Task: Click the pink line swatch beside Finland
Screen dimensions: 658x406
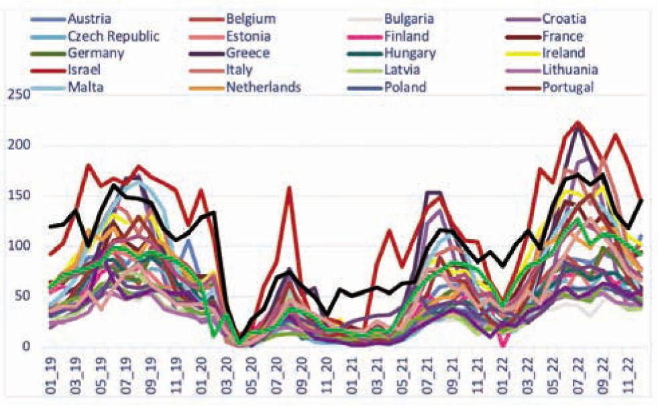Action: (364, 37)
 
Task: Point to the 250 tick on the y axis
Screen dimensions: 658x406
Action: (19, 94)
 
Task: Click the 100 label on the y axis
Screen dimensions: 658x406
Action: (19, 245)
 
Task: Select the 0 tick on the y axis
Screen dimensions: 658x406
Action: (26, 346)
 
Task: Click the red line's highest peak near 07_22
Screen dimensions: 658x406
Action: (578, 123)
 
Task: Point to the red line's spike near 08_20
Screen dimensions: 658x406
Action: (288, 188)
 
